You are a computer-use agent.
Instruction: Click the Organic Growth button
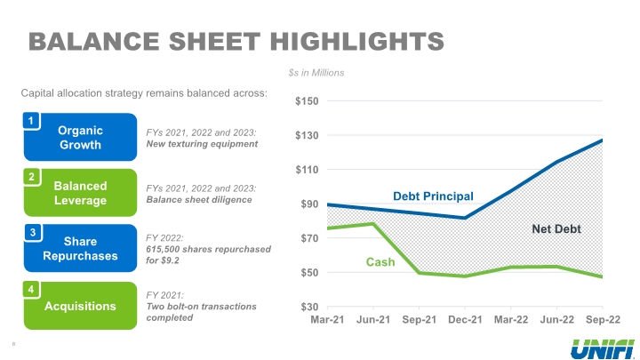(79, 137)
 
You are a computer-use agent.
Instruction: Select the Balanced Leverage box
(79, 193)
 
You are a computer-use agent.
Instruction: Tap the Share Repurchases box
(79, 249)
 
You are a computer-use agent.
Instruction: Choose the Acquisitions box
(79, 306)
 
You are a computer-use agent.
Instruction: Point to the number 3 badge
(31, 233)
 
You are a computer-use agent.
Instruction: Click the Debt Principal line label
(433, 196)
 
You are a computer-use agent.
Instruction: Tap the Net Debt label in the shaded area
(556, 228)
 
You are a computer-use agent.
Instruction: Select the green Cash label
(380, 262)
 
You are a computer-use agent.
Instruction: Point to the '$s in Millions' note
(316, 72)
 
